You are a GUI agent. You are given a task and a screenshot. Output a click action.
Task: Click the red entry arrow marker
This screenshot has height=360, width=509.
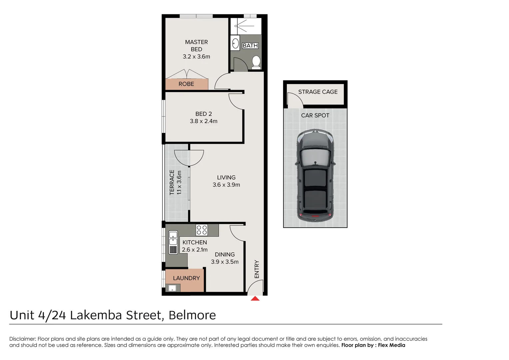(x=255, y=299)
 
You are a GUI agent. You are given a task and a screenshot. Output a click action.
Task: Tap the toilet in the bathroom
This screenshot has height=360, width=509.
(x=256, y=62)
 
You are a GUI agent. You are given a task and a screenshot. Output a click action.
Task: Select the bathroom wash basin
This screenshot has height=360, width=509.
(x=235, y=44)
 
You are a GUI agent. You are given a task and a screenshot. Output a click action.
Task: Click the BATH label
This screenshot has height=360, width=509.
(x=250, y=46)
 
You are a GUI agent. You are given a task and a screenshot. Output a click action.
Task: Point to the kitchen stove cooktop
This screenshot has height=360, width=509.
(x=202, y=230)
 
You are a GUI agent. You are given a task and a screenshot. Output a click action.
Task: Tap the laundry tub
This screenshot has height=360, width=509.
(x=172, y=288)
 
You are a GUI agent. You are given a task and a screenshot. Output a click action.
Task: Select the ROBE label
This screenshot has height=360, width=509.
(x=186, y=84)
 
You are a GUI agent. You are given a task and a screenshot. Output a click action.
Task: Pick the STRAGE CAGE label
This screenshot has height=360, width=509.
(x=318, y=92)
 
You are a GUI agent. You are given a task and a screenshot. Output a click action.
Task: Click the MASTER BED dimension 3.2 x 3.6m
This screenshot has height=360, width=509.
(x=196, y=57)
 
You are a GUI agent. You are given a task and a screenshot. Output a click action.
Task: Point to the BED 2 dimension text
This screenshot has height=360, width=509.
(x=204, y=121)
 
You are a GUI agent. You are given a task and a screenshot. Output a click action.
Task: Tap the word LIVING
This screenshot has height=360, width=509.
(x=226, y=178)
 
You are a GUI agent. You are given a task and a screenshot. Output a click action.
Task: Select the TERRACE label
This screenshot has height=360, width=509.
(x=172, y=182)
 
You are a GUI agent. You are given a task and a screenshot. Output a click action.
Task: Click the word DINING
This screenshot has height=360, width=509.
(x=225, y=255)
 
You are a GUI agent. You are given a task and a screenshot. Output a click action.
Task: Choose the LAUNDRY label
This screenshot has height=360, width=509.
(x=186, y=278)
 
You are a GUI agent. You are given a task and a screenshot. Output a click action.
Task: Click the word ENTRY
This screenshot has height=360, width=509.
(x=257, y=269)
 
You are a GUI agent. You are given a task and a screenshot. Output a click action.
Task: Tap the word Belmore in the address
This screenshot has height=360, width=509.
(x=192, y=315)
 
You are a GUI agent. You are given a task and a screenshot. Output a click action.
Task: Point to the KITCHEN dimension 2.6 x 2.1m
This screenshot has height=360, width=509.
(x=195, y=250)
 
